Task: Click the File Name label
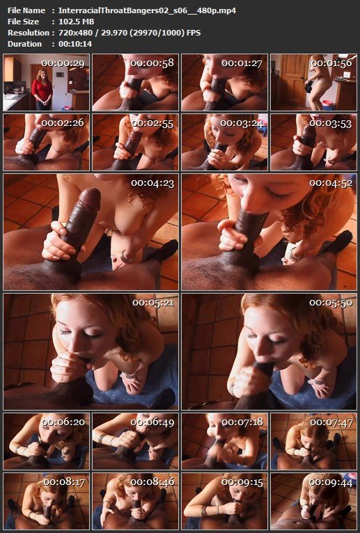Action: [x=26, y=10]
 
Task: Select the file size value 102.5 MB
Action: [x=76, y=22]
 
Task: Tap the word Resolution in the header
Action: [x=29, y=33]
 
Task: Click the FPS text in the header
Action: [x=194, y=33]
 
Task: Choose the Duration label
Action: [x=24, y=44]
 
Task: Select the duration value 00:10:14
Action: [x=75, y=44]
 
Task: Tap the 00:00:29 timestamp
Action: [x=63, y=63]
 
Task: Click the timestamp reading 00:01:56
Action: [x=331, y=63]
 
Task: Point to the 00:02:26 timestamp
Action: [x=63, y=123]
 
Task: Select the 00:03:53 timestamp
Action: [x=330, y=123]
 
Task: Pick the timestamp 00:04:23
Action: [x=152, y=183]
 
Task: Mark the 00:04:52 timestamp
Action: [x=331, y=183]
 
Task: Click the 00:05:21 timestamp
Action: [x=153, y=303]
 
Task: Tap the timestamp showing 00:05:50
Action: [x=331, y=303]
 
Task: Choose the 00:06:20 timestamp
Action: [x=63, y=422]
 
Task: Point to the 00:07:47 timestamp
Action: [x=331, y=422]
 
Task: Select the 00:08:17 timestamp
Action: [x=64, y=482]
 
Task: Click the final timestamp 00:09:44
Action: [x=330, y=482]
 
